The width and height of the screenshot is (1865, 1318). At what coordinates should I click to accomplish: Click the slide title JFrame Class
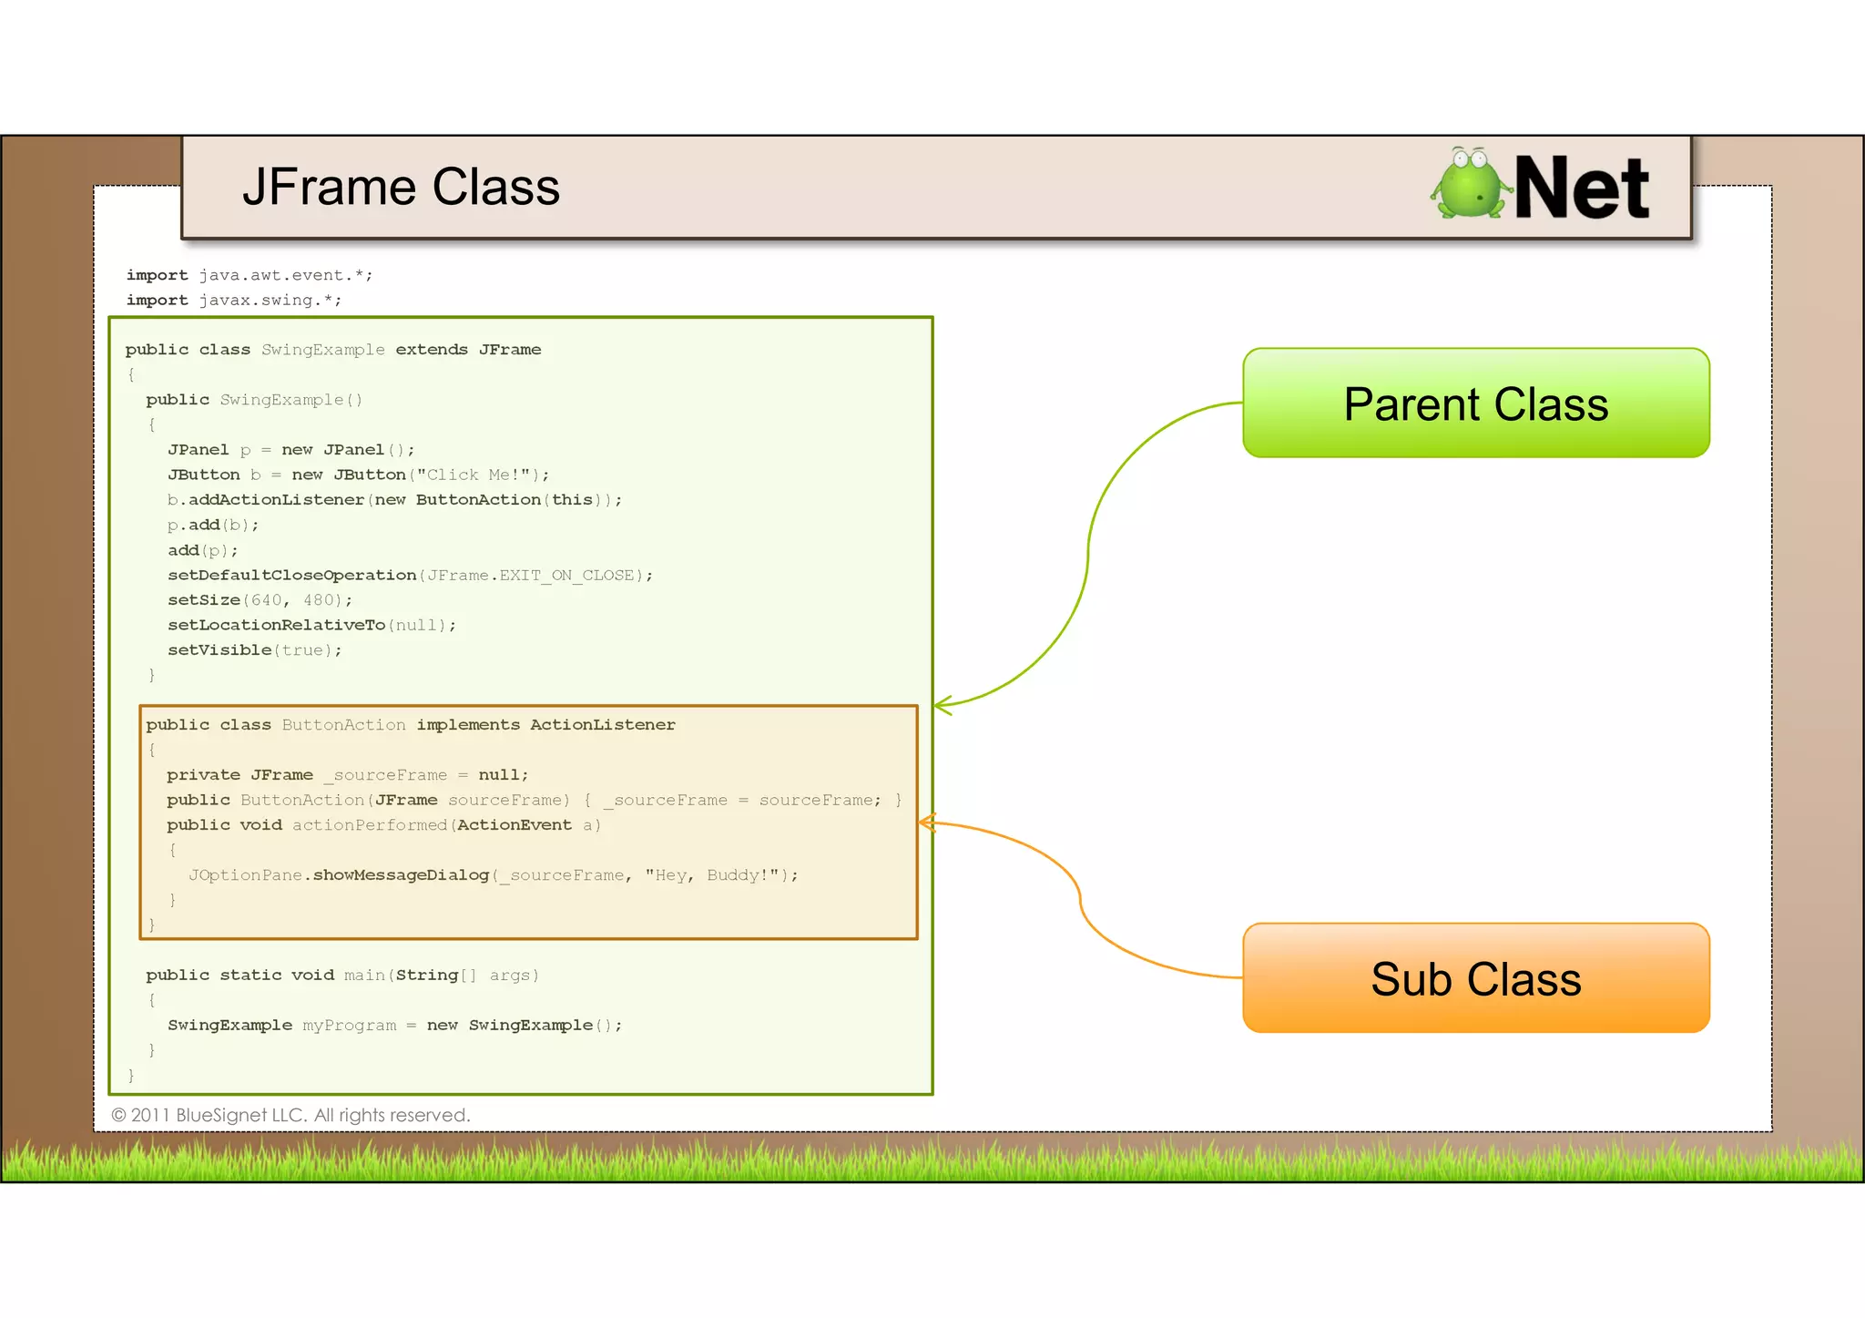[401, 188]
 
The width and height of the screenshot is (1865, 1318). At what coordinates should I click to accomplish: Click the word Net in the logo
[1581, 189]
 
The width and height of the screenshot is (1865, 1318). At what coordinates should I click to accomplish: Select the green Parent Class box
[1475, 403]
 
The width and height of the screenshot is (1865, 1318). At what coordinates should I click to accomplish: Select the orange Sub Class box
[1475, 978]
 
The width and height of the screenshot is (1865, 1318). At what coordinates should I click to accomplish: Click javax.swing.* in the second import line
[270, 300]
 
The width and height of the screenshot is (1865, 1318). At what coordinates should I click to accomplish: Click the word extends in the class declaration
[431, 350]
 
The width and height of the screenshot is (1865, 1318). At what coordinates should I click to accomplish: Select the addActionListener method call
[276, 500]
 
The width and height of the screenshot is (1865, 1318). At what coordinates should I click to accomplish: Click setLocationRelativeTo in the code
[276, 625]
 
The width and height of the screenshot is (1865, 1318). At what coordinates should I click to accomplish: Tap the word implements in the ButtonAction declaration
[468, 725]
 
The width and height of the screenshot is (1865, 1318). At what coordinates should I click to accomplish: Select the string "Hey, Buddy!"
[712, 875]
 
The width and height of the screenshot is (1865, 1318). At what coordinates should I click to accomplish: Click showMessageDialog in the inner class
[401, 875]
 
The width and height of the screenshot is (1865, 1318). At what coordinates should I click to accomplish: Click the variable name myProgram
[349, 1026]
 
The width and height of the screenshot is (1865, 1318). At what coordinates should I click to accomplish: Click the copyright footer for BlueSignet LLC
[290, 1115]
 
